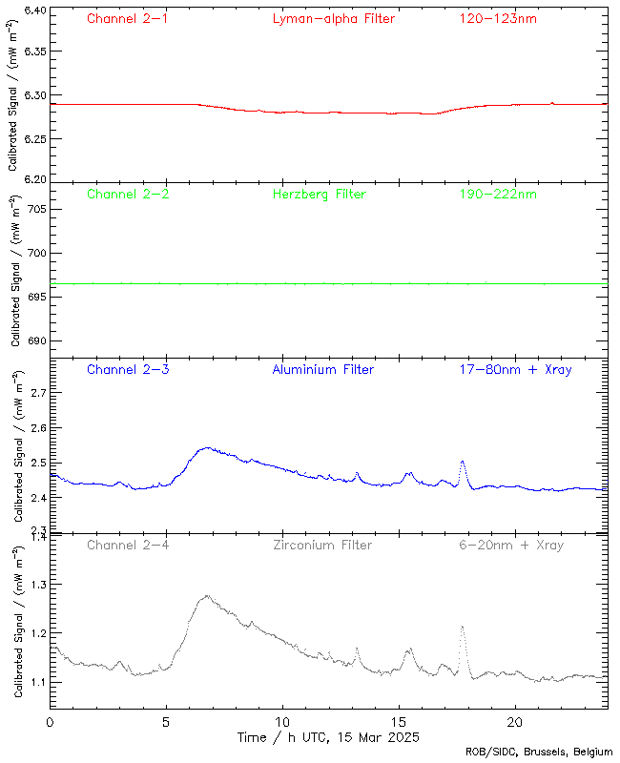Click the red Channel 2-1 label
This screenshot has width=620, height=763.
point(128,19)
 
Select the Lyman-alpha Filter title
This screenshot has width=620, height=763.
point(333,19)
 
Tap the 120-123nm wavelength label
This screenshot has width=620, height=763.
point(497,19)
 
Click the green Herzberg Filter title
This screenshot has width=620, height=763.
point(319,195)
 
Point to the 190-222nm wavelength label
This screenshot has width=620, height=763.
point(497,195)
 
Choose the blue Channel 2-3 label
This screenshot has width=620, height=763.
point(128,369)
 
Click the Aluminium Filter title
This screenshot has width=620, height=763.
point(323,369)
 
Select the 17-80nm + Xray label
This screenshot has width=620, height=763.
point(515,369)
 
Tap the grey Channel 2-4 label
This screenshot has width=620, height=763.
point(128,546)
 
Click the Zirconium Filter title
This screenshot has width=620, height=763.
point(322,546)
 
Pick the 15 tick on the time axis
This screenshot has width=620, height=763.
point(399,723)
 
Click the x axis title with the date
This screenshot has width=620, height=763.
point(327,738)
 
